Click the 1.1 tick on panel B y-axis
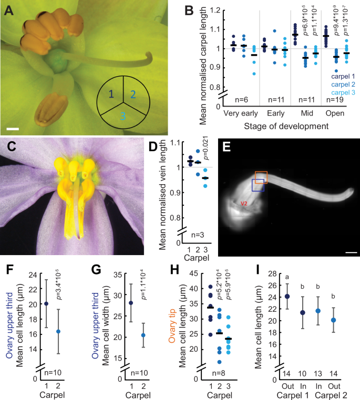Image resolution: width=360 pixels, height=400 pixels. [x=209, y=28]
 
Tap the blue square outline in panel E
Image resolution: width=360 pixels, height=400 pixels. [x=258, y=185]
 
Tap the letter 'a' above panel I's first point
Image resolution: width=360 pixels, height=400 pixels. [x=287, y=278]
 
